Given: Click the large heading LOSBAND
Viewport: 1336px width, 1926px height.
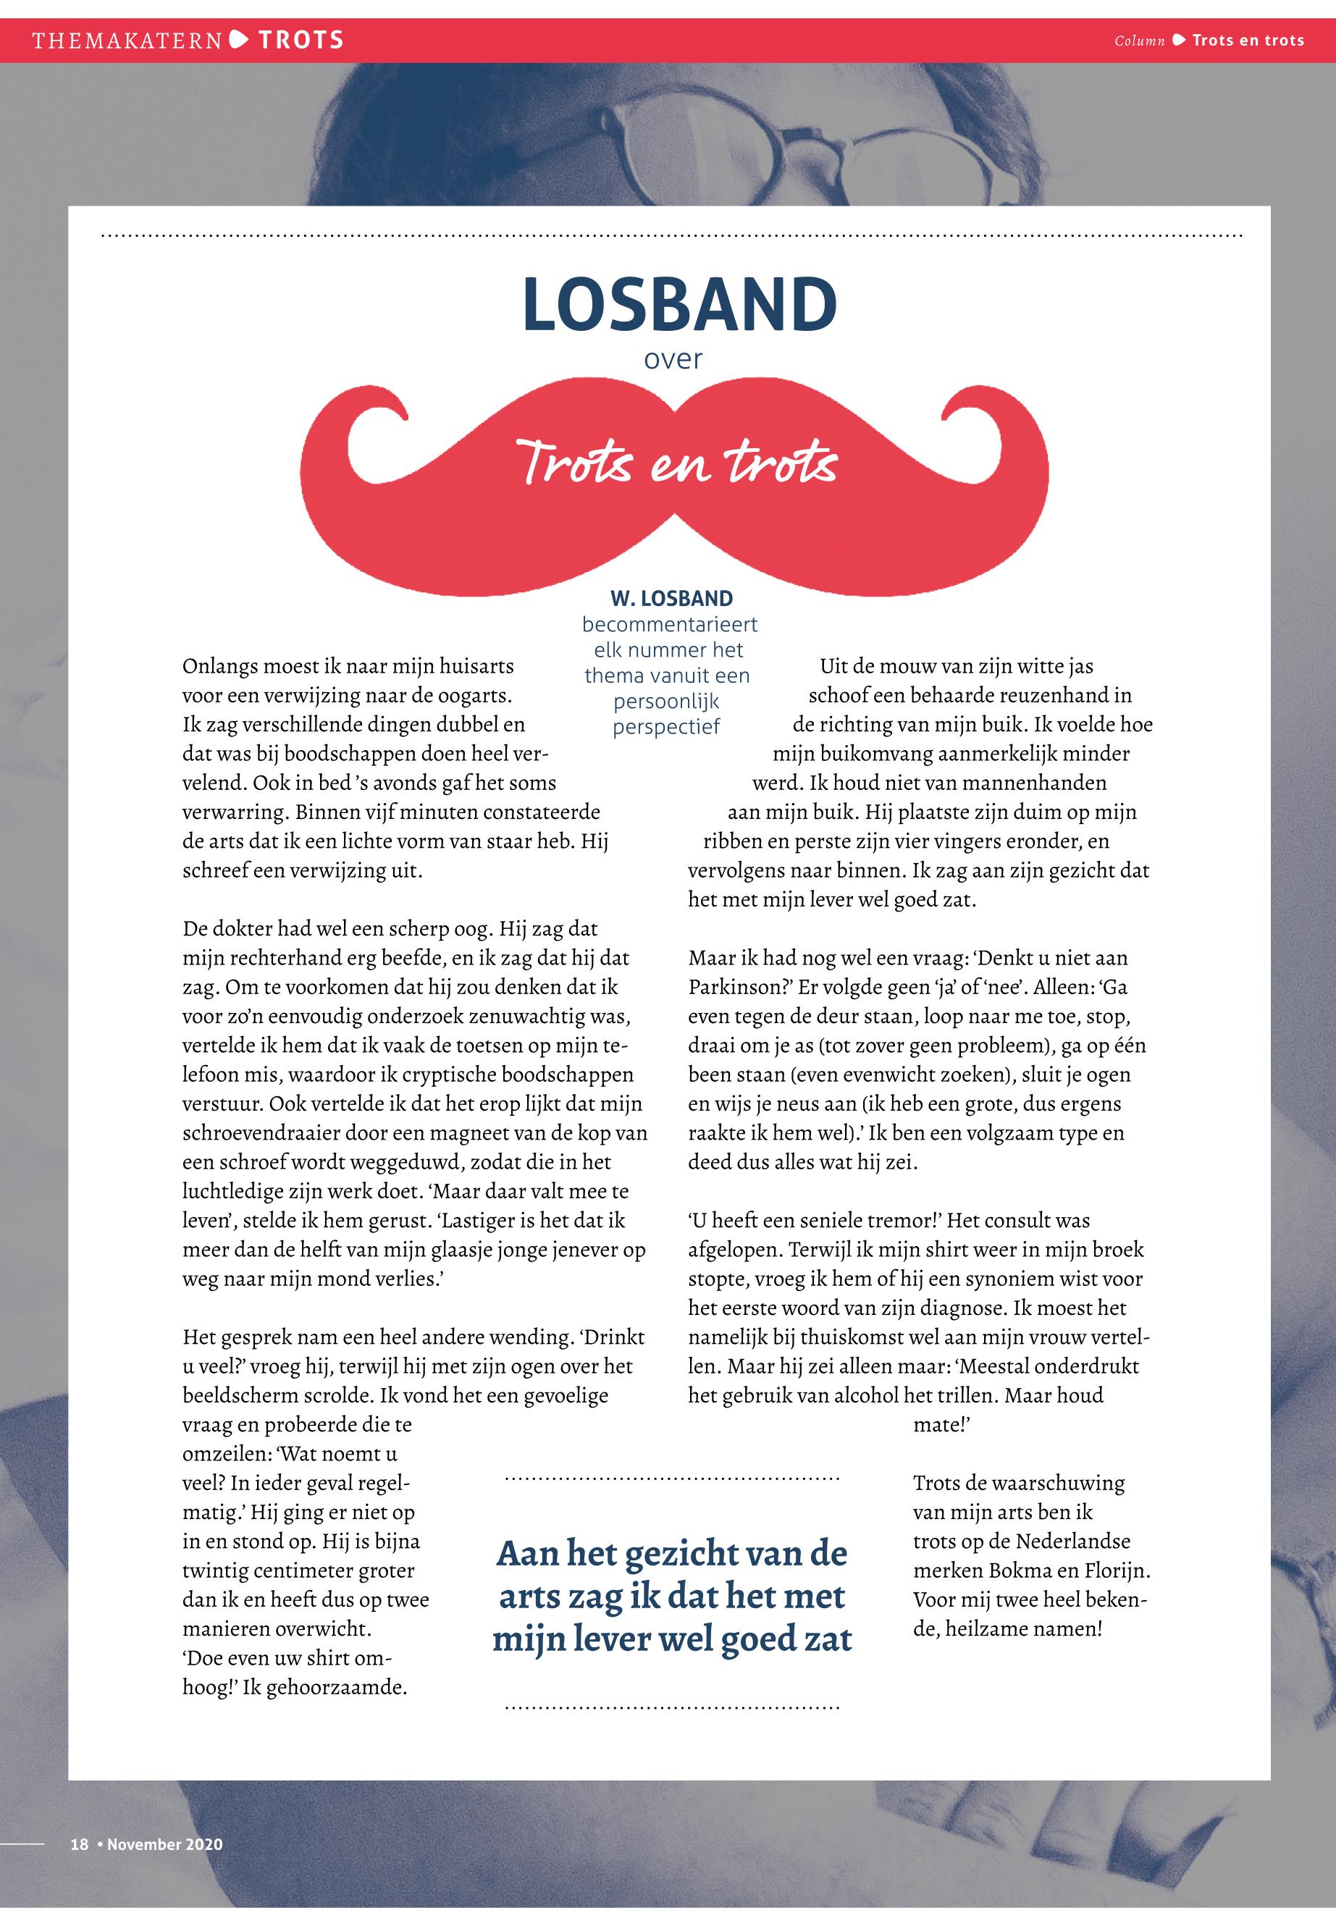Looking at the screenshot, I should (679, 305).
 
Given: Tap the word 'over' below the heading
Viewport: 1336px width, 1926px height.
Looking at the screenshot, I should (673, 360).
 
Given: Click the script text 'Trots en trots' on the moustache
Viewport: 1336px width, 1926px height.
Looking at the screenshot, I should (676, 463).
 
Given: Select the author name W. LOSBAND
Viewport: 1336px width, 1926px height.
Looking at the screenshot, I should (671, 599).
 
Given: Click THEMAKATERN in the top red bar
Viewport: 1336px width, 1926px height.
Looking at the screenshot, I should (127, 40).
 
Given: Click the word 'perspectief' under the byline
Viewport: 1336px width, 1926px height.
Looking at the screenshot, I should (666, 728).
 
